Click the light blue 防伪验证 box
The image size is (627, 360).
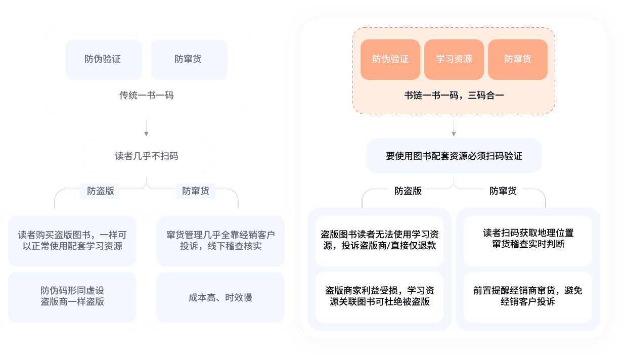(x=103, y=59)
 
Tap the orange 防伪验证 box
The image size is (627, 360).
(x=390, y=59)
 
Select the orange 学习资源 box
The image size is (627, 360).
(x=454, y=59)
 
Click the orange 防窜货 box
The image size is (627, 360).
(x=518, y=59)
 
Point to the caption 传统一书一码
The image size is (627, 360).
(x=146, y=95)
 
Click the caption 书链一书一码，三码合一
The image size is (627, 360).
(x=454, y=95)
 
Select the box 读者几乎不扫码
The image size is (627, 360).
(x=147, y=156)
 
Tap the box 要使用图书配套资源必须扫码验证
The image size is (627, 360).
(x=454, y=156)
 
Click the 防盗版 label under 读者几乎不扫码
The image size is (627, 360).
(x=100, y=191)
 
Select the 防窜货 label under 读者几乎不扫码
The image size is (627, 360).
(x=195, y=191)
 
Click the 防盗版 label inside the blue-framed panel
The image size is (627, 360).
(x=408, y=191)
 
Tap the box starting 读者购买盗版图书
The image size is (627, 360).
(x=72, y=241)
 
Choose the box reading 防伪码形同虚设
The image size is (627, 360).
(x=72, y=297)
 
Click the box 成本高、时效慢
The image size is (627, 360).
(x=220, y=297)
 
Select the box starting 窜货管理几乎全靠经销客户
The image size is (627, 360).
(x=220, y=241)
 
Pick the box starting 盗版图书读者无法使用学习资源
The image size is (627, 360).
(x=379, y=241)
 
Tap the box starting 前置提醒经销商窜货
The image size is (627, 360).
(x=528, y=297)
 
